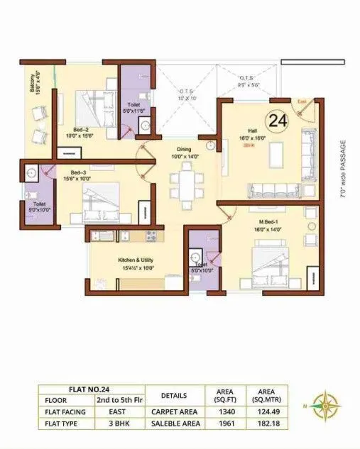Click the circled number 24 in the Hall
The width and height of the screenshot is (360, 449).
point(278,121)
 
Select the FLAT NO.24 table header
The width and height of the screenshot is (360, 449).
point(90,389)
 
